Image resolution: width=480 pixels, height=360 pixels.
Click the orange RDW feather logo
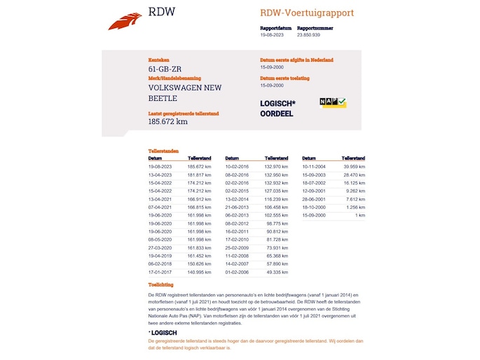[x=125, y=21]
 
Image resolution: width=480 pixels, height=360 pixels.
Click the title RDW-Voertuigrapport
[x=306, y=13]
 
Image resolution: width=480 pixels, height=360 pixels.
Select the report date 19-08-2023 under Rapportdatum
[x=270, y=34]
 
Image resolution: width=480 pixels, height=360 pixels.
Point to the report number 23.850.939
[x=308, y=34]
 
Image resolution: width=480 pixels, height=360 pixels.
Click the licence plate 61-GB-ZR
[x=165, y=69]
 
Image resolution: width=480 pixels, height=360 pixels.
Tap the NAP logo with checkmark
[x=333, y=102]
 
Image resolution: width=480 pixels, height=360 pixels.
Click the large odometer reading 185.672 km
[x=167, y=121]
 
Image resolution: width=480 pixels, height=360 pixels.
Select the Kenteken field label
[x=159, y=60]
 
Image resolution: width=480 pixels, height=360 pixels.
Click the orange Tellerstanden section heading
[x=163, y=151]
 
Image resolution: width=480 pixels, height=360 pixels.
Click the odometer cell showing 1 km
[x=360, y=215]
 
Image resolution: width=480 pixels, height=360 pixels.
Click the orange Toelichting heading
[x=160, y=286]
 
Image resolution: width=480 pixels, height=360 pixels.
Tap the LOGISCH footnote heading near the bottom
[x=164, y=333]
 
